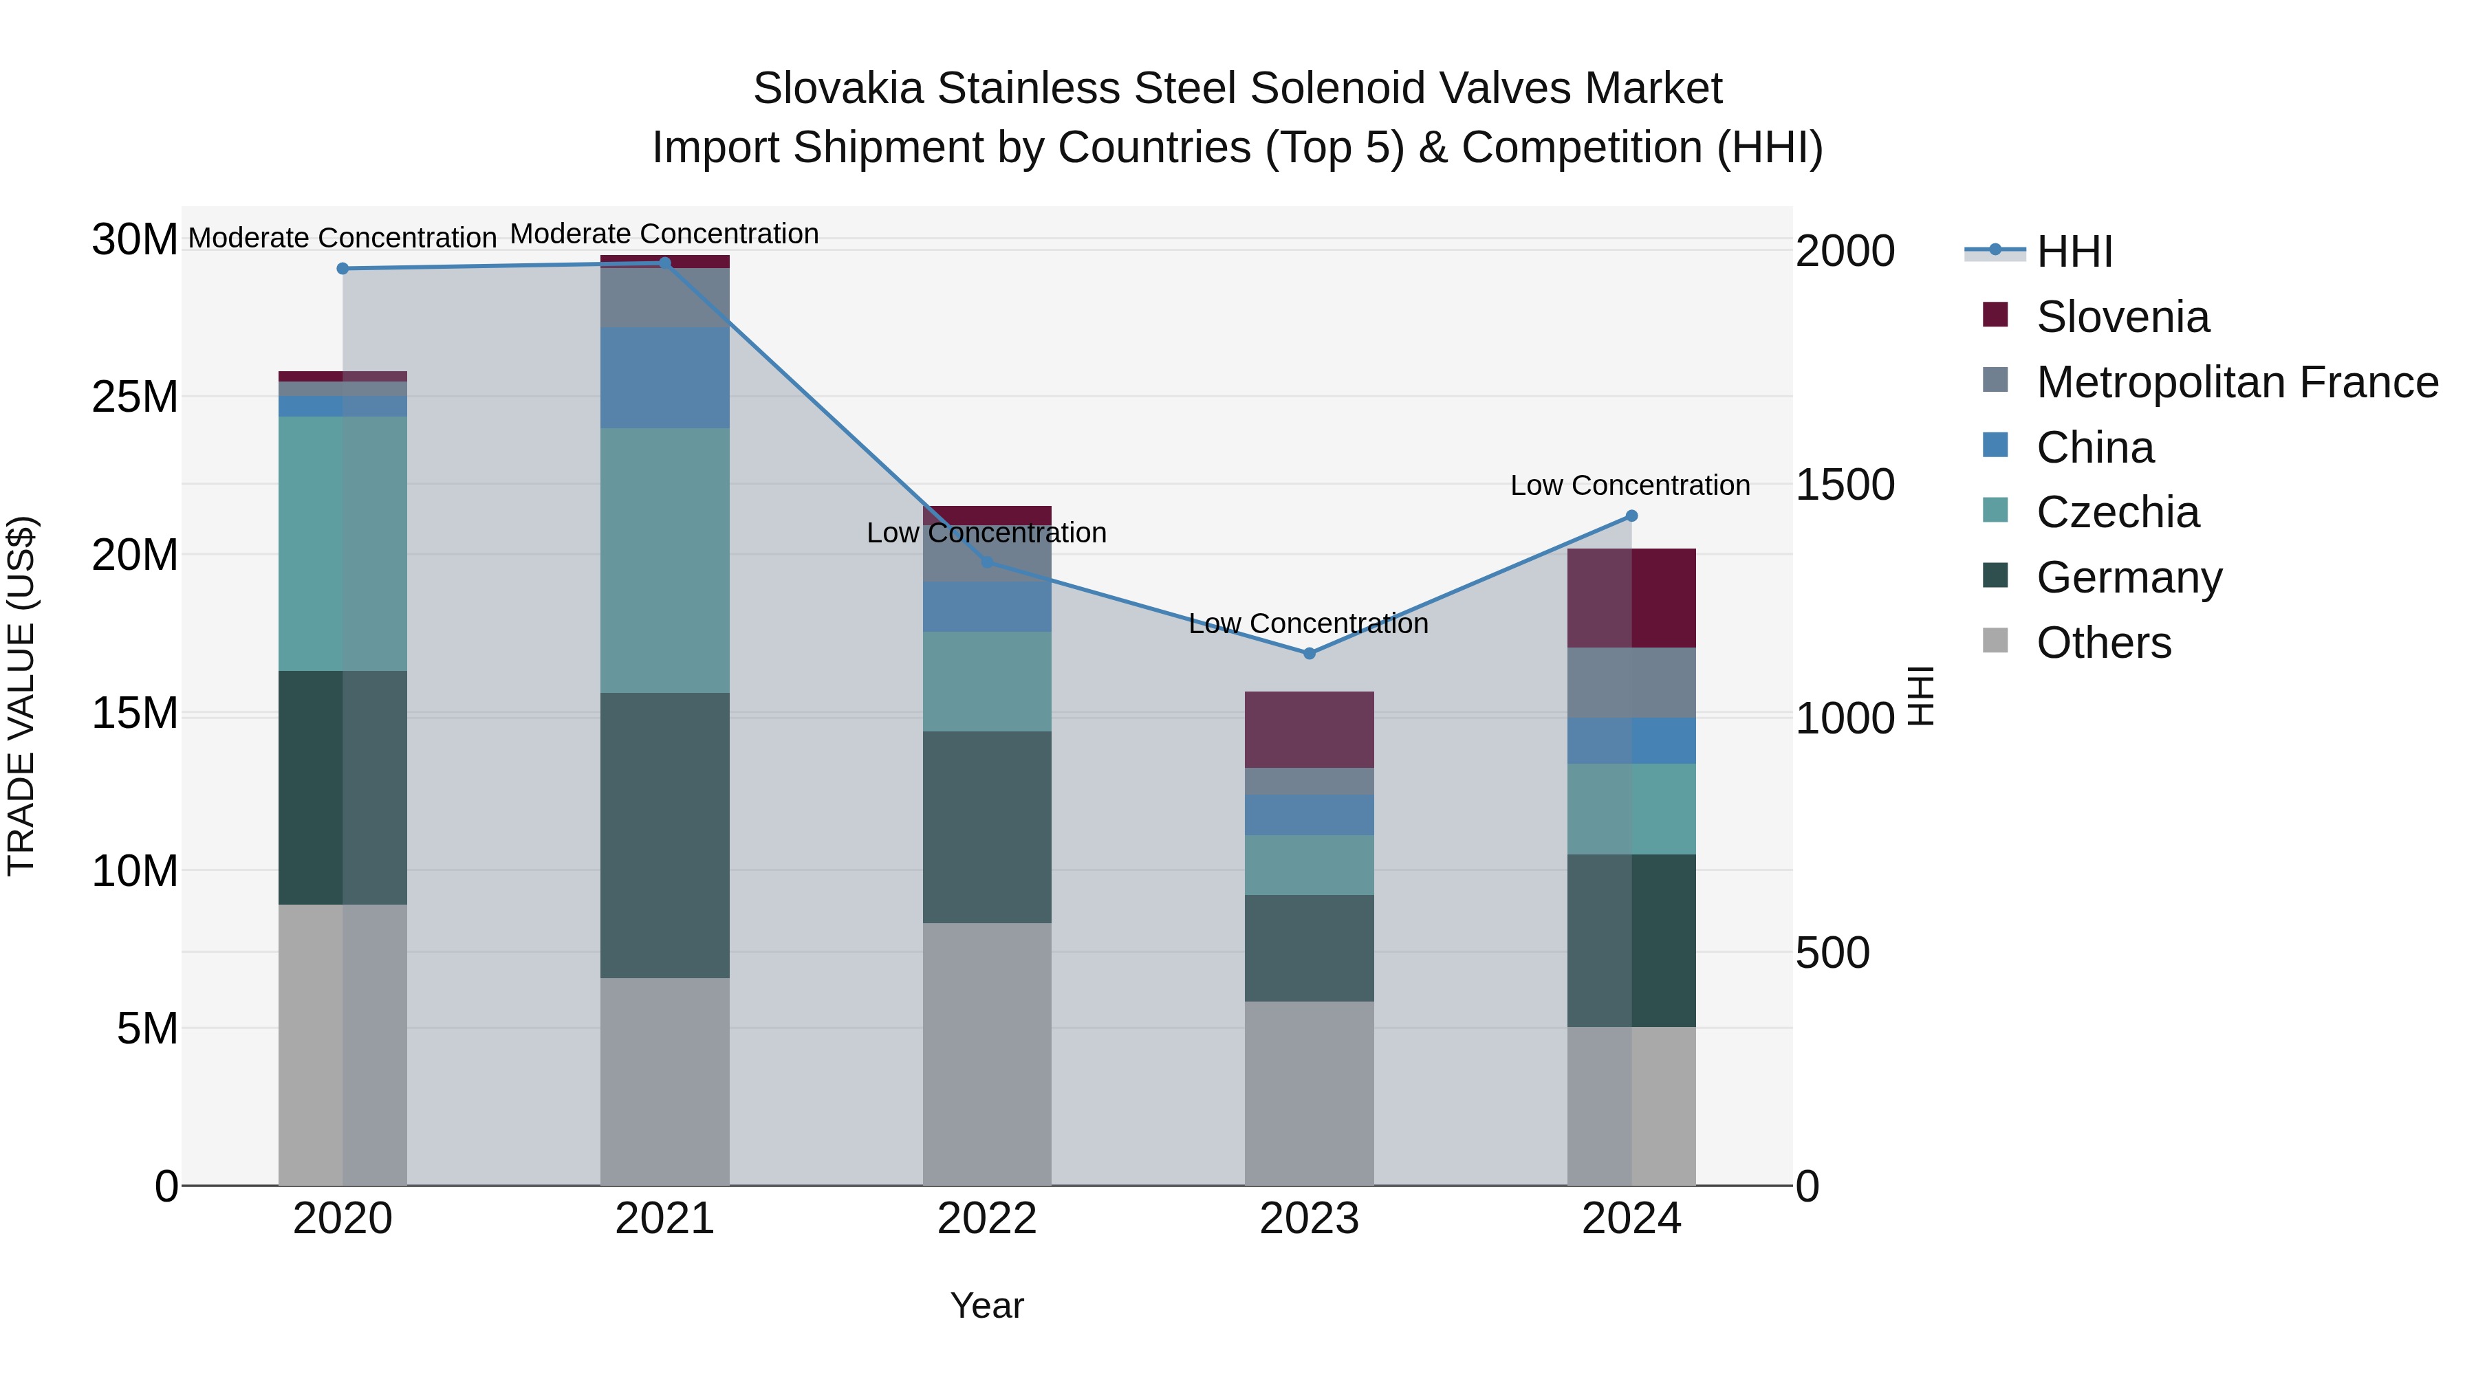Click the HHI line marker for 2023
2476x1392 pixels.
pyautogui.click(x=1309, y=653)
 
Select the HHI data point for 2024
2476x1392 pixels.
pyautogui.click(x=1631, y=516)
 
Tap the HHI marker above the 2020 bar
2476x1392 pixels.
pyautogui.click(x=343, y=269)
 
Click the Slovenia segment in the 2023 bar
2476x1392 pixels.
pyautogui.click(x=1309, y=729)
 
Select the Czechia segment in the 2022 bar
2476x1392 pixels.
pyautogui.click(x=987, y=681)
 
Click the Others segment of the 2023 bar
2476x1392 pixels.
pyautogui.click(x=1309, y=1093)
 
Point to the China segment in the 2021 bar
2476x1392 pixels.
pyautogui.click(x=664, y=377)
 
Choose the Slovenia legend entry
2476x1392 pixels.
pyautogui.click(x=2122, y=317)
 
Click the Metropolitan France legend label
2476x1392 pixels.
pyautogui.click(x=2237, y=382)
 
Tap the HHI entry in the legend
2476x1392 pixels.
pyautogui.click(x=2074, y=252)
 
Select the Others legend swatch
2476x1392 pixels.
pyautogui.click(x=1995, y=641)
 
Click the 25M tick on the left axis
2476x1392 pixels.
pyautogui.click(x=135, y=397)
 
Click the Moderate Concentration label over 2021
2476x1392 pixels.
pyautogui.click(x=664, y=234)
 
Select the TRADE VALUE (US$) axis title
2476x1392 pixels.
pyautogui.click(x=22, y=696)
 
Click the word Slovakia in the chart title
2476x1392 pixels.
pyautogui.click(x=839, y=89)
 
